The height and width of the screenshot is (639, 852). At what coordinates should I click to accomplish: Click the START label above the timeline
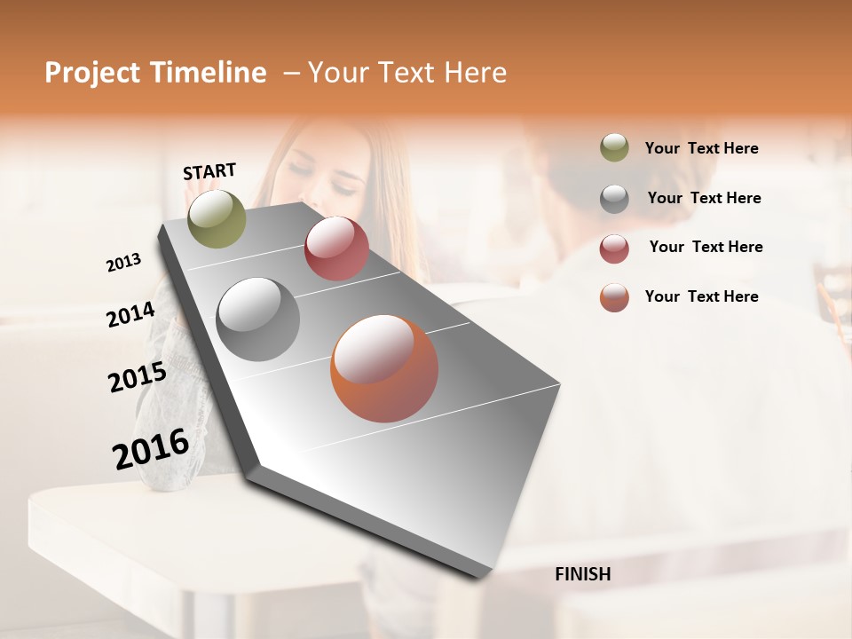(209, 171)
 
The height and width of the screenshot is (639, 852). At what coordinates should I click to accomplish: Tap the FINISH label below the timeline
(582, 574)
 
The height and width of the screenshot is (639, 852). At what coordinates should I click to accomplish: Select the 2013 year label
(124, 263)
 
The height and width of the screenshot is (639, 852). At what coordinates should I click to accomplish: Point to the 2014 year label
(131, 314)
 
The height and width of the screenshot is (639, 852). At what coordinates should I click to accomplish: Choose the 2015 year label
(138, 377)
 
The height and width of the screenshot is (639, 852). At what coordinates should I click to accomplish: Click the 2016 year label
(151, 448)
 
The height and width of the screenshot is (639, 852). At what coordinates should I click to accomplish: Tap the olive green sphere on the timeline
(217, 218)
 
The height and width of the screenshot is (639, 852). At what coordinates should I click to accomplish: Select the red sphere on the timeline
(336, 248)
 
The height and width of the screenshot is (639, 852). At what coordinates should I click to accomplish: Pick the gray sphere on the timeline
(258, 319)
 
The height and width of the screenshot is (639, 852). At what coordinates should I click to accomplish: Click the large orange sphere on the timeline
(384, 367)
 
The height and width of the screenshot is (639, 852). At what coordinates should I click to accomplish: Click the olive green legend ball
(614, 148)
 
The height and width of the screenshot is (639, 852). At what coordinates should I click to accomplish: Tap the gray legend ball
(614, 198)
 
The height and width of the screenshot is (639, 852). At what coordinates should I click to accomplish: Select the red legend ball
(614, 248)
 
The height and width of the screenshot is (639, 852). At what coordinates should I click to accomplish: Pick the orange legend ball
(614, 297)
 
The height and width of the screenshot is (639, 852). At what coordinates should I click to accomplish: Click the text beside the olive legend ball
(701, 148)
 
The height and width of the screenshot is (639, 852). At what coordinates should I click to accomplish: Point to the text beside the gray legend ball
(704, 198)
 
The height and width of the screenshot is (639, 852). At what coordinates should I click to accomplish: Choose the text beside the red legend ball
(706, 247)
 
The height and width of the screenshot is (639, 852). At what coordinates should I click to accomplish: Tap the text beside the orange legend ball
(701, 296)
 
